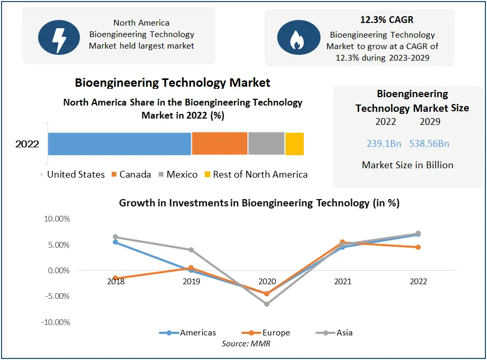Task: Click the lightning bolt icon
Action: pos(59,36)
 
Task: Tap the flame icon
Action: pos(295,38)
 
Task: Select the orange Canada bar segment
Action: pos(219,144)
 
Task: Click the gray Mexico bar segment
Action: pos(266,144)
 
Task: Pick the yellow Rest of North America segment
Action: pos(294,144)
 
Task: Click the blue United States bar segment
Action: pos(120,144)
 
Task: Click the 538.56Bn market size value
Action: pos(430,144)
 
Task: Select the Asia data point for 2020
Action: pos(267,304)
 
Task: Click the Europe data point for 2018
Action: pos(115,278)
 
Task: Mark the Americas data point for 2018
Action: pos(115,242)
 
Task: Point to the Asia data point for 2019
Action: pos(191,250)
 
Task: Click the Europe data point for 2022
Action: pos(418,247)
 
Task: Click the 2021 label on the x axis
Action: pos(342,282)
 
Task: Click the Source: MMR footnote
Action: pos(246,343)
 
